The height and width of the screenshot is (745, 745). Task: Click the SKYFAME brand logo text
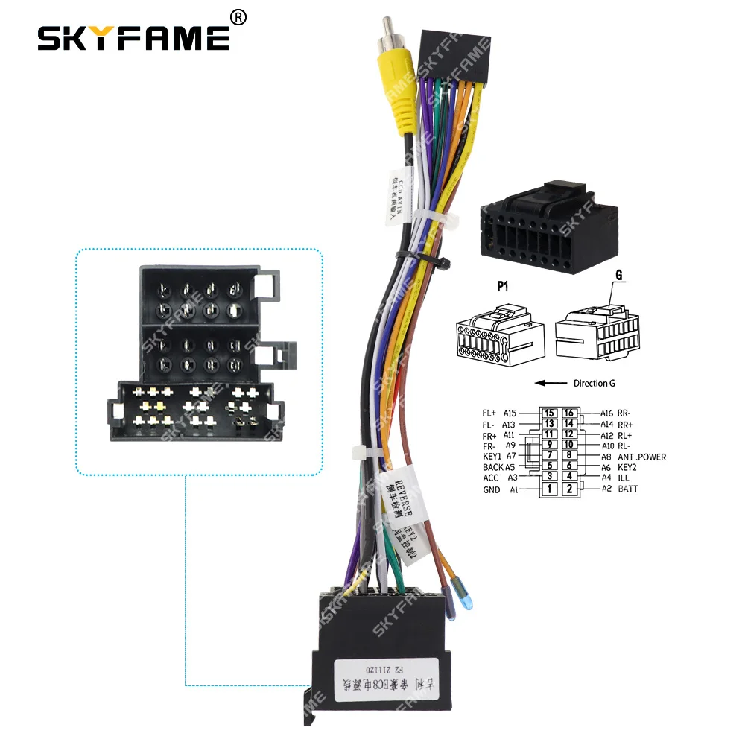click(134, 37)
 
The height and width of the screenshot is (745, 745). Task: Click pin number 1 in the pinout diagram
click(548, 489)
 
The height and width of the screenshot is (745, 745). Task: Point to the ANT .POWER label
click(641, 457)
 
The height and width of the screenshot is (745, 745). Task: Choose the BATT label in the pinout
click(627, 489)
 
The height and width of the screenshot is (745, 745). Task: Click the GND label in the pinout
click(492, 489)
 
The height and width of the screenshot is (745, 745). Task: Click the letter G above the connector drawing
click(618, 276)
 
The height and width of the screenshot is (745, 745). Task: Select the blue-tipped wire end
click(466, 602)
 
